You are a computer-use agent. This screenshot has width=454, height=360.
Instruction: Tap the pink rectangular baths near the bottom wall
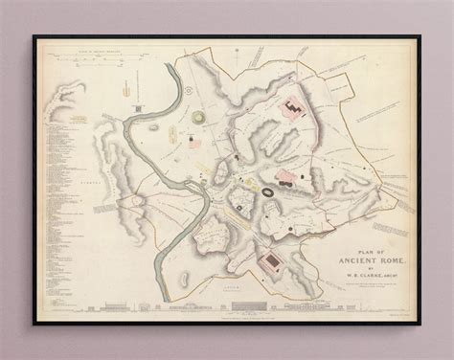(271, 260)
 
